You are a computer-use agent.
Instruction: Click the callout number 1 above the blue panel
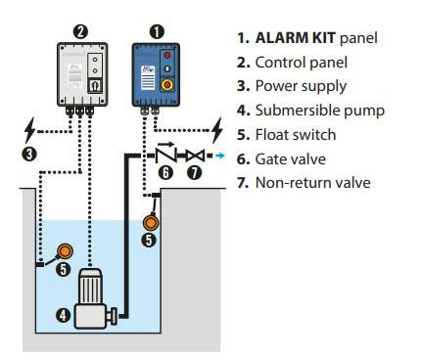[157, 32]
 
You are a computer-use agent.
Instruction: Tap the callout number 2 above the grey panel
[80, 31]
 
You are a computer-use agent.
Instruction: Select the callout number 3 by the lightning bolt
[29, 154]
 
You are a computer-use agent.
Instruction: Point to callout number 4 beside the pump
[63, 315]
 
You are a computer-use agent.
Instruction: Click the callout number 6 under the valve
[165, 172]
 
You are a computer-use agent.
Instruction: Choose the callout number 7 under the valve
[194, 172]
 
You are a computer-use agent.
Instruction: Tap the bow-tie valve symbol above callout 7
[195, 156]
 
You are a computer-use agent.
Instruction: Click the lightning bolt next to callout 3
[29, 130]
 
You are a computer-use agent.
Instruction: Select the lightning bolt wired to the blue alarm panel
[217, 130]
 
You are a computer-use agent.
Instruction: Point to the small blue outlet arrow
[220, 156]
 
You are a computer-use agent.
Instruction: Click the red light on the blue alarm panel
[167, 55]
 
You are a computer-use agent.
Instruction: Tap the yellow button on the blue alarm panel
[167, 85]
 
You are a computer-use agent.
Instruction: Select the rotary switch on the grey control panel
[95, 86]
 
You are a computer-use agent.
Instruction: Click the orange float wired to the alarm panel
[151, 222]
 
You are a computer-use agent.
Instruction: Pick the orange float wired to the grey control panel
[65, 250]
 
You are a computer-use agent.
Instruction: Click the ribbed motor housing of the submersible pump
[90, 287]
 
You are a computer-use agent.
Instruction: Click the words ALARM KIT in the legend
[296, 38]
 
